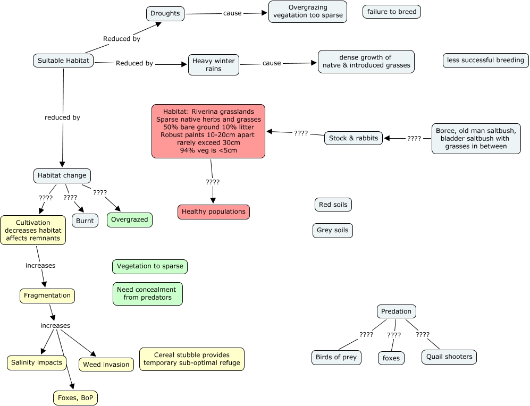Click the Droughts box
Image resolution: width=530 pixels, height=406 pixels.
coord(165,13)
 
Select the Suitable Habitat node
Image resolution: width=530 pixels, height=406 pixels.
coord(63,61)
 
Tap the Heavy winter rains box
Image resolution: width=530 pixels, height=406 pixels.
coord(213,65)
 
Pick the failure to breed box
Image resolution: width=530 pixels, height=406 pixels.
coord(391,12)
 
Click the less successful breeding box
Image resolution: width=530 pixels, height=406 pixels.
coord(485,60)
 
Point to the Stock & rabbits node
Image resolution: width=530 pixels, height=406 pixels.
coord(354,138)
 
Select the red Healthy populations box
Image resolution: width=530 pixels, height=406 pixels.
coord(213,212)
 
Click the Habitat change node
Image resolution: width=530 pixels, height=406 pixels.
coord(62,175)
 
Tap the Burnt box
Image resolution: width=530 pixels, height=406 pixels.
coord(85,221)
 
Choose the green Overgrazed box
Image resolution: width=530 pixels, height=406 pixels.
coord(130,219)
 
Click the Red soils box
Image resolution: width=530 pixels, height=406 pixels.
coord(333,205)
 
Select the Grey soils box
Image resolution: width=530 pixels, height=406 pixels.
coord(332,230)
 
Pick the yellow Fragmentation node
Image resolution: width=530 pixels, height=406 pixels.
coord(47,295)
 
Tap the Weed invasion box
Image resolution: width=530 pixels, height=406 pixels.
coord(106,365)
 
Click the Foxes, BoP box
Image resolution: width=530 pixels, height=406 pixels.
coord(75,397)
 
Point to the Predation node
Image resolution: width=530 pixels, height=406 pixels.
coord(396,311)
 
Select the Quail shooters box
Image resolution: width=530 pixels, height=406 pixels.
coord(449,357)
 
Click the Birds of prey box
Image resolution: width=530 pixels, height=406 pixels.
coord(336,357)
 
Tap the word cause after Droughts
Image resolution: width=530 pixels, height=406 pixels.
coord(232,13)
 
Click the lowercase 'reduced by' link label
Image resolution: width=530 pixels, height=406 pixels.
coord(62,117)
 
